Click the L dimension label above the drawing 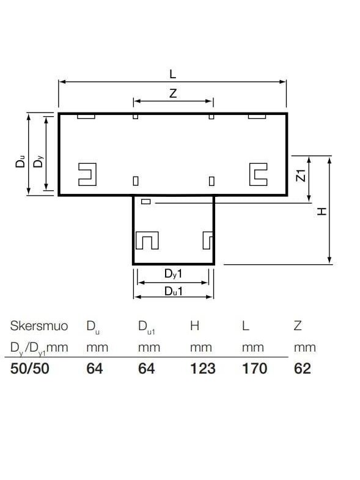click(173, 74)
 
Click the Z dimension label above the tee click(173, 93)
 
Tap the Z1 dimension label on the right click(301, 175)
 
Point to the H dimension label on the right click(321, 211)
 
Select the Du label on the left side click(21, 161)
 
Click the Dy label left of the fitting click(39, 161)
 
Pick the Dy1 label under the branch click(173, 274)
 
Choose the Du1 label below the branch click(174, 291)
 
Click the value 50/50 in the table click(30, 368)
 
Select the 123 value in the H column click(203, 368)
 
